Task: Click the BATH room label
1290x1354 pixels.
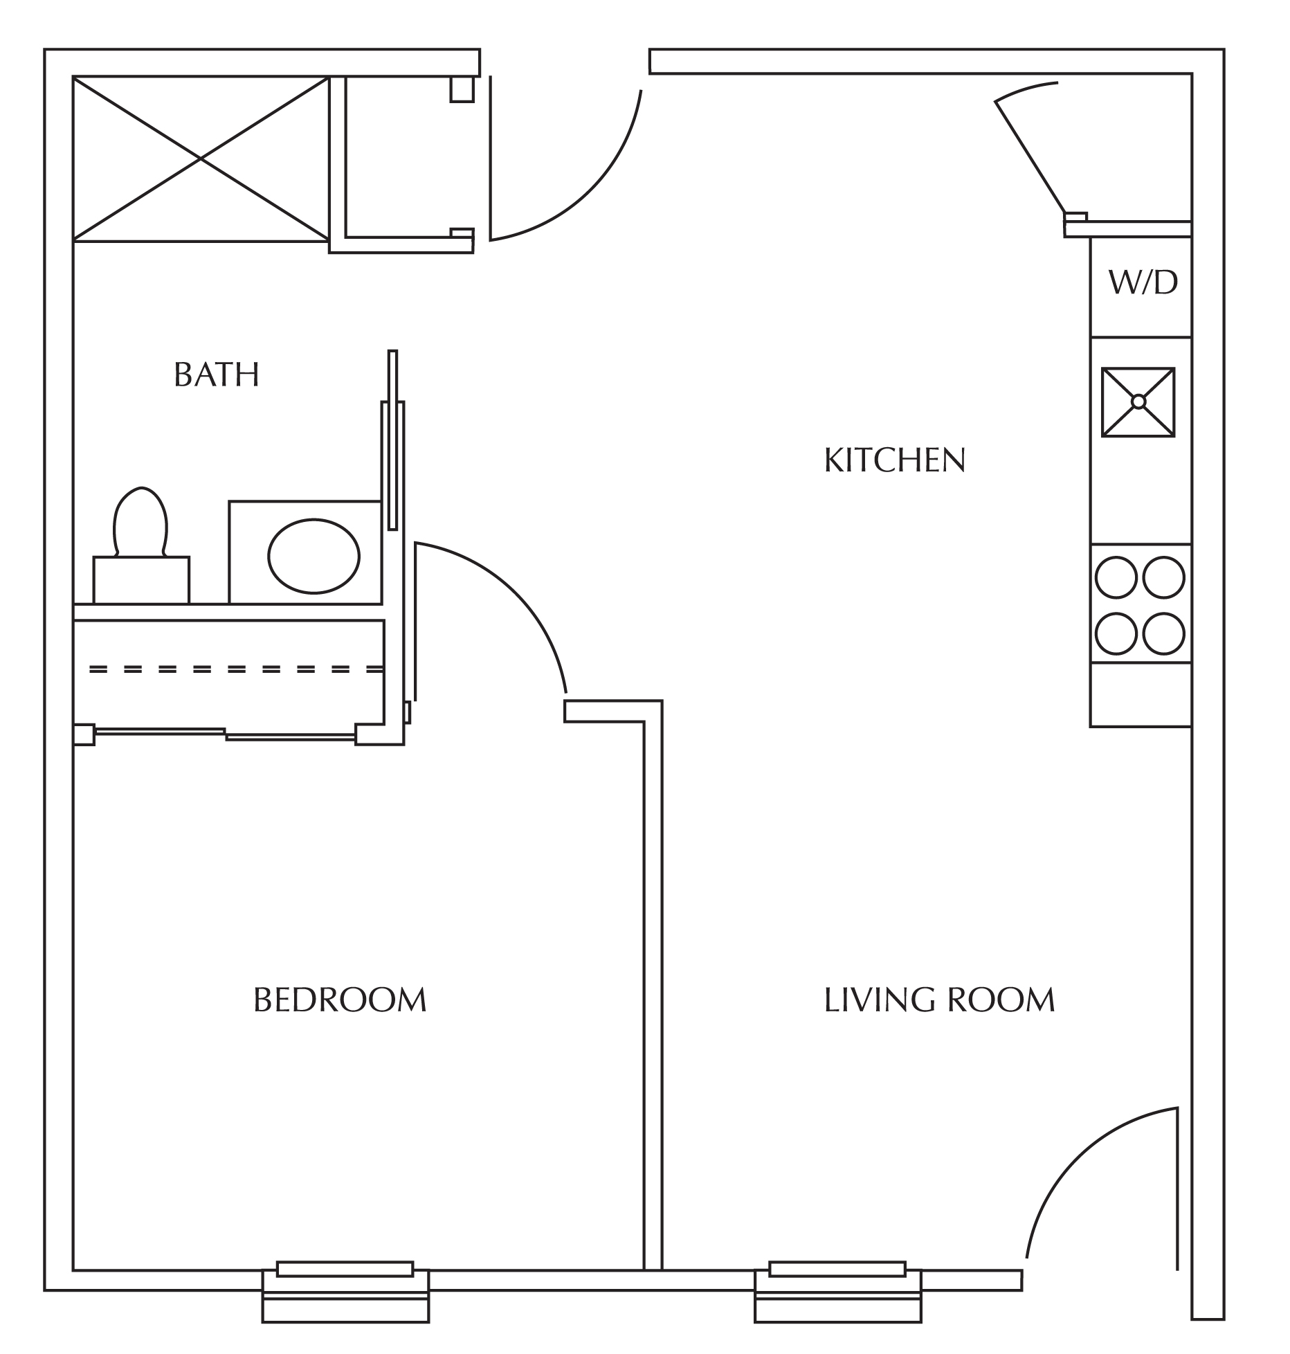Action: point(217,374)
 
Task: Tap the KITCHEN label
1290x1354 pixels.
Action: point(895,460)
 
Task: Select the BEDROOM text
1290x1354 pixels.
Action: point(340,1000)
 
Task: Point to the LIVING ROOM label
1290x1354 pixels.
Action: point(939,1000)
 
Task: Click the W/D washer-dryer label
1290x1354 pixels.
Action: point(1143,282)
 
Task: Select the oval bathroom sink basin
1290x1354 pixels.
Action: point(314,556)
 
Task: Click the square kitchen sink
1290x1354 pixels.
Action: point(1138,402)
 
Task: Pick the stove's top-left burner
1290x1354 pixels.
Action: point(1116,577)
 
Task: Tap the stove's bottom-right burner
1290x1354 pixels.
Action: point(1163,634)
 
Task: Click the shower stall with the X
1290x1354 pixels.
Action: point(201,159)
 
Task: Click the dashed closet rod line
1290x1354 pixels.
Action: point(236,669)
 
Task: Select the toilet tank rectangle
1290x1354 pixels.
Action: point(141,580)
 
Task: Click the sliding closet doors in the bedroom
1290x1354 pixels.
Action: point(226,734)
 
